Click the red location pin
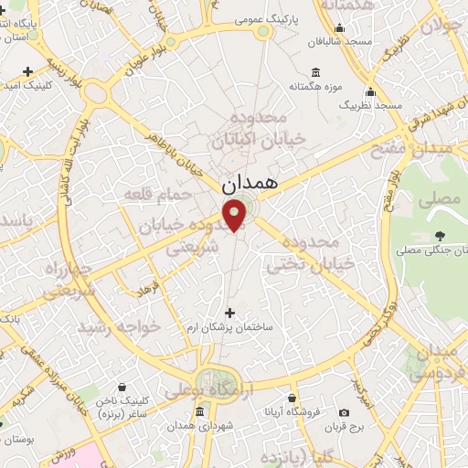[236, 216]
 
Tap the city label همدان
[248, 184]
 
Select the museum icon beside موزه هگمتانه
[315, 72]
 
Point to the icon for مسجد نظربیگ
[370, 92]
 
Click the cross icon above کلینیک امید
[28, 71]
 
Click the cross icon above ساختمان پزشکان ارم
[229, 313]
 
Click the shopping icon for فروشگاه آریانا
[292, 399]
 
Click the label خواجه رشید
[119, 326]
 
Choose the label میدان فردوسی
[429, 362]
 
